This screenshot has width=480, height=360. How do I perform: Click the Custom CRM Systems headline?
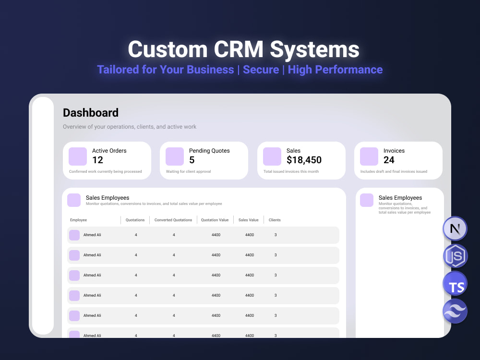[244, 49]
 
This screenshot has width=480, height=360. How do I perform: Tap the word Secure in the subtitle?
[261, 70]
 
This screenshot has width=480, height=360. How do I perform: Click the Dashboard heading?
[91, 113]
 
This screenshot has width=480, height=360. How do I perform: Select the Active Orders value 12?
[97, 160]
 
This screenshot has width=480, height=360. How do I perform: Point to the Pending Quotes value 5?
[192, 160]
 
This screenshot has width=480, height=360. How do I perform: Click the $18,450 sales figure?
[304, 160]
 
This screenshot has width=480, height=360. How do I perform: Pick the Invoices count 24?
[389, 160]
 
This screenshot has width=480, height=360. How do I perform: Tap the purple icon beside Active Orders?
[78, 156]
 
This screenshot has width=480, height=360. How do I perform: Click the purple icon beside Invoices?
[369, 156]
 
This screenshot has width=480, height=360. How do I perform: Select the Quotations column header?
[135, 220]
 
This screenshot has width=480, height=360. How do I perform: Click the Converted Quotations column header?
[173, 220]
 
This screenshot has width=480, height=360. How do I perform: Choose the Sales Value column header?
[248, 220]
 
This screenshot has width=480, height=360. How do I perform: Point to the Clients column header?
[275, 220]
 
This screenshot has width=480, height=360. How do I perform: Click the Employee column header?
[78, 220]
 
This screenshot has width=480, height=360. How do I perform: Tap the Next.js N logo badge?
[455, 228]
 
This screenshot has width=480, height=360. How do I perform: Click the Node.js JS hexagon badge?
[455, 256]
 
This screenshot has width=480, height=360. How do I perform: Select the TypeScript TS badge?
[455, 284]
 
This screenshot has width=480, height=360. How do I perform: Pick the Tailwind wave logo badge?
[455, 311]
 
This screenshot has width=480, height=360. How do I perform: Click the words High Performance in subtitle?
[335, 70]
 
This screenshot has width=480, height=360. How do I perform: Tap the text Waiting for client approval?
[188, 171]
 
